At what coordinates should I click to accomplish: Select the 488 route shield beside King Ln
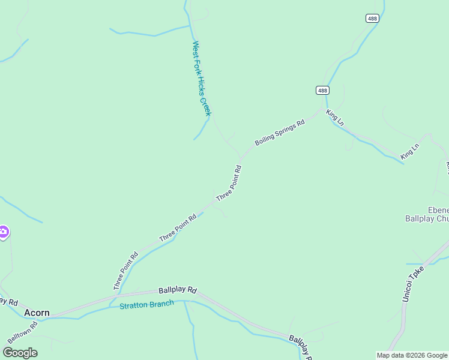[x=322, y=90]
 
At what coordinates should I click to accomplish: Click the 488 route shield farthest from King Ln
[x=372, y=19]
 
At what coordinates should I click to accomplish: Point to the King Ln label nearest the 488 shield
[x=335, y=117]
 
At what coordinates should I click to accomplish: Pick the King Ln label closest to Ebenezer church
[x=410, y=151]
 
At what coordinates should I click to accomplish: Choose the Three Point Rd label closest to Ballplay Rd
[x=125, y=271]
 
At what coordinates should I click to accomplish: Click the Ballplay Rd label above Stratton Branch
[x=178, y=290]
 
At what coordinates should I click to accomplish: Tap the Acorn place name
[x=37, y=313]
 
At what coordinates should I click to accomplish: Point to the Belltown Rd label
[x=23, y=332]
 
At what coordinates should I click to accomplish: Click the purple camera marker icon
[x=3, y=232]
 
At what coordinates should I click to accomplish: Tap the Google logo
[x=20, y=353]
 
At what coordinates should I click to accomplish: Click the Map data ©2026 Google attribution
[x=412, y=355]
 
